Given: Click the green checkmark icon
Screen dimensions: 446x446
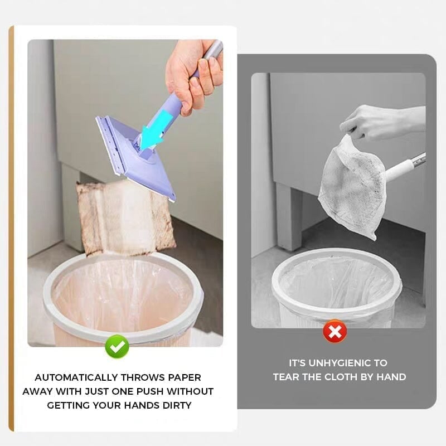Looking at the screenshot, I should [x=117, y=347].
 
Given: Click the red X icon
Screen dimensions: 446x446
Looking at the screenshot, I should [x=334, y=332].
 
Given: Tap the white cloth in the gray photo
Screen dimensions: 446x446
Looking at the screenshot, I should [x=348, y=184].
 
